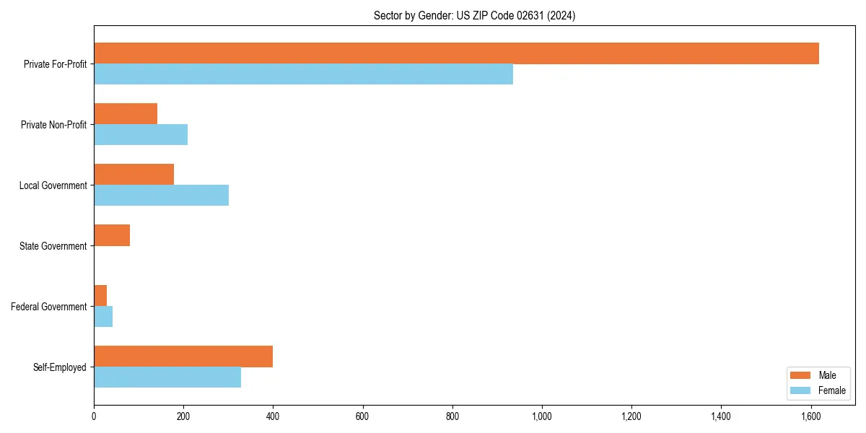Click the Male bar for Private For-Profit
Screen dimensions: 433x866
(456, 53)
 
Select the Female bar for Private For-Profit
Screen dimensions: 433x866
(303, 74)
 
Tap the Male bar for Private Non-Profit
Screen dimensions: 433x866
(126, 114)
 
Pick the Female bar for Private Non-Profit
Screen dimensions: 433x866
(141, 135)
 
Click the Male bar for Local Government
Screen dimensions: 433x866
(134, 175)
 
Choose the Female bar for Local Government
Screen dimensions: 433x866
(161, 196)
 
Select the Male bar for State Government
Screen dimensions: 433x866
(112, 235)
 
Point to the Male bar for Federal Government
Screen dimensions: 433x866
(100, 296)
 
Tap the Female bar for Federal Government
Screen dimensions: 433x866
(103, 317)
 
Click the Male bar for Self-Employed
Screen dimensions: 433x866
(183, 357)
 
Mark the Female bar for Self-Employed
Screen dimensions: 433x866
(167, 377)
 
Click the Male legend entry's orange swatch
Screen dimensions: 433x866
(801, 375)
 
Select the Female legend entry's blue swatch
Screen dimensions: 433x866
(801, 390)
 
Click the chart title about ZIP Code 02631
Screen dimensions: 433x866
(474, 15)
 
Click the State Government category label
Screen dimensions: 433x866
(53, 246)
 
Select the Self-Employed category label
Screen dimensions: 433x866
(60, 367)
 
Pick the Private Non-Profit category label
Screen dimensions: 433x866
(53, 125)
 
